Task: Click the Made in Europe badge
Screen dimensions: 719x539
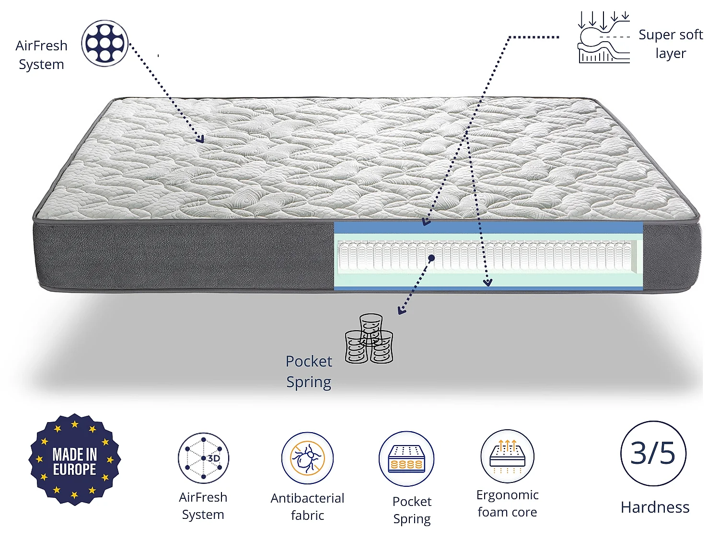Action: pyautogui.click(x=75, y=459)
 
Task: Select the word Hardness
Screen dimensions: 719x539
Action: pyautogui.click(x=655, y=507)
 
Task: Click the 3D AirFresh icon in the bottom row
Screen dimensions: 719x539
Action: pyautogui.click(x=203, y=458)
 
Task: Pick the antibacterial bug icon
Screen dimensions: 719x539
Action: pyautogui.click(x=307, y=458)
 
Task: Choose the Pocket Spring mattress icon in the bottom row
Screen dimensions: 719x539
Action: pyautogui.click(x=406, y=459)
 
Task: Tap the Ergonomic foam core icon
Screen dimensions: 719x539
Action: pyautogui.click(x=508, y=456)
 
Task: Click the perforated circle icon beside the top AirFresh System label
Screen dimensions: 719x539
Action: pyautogui.click(x=104, y=43)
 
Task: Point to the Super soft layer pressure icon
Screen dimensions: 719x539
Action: pyautogui.click(x=603, y=37)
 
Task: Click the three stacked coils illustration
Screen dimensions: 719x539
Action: pyautogui.click(x=369, y=339)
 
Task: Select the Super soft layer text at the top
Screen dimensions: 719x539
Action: pyautogui.click(x=671, y=44)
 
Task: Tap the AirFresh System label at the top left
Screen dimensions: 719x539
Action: pyautogui.click(x=41, y=55)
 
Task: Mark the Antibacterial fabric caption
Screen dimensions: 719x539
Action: pyautogui.click(x=307, y=507)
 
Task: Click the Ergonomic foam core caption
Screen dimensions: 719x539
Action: pyautogui.click(x=508, y=504)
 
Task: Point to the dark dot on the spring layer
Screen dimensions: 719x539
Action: pyautogui.click(x=431, y=258)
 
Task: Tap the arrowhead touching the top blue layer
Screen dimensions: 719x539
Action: pyautogui.click(x=426, y=222)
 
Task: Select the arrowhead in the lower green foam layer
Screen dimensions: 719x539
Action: pyautogui.click(x=488, y=282)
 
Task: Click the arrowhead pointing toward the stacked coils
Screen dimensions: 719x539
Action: pyautogui.click(x=401, y=310)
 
